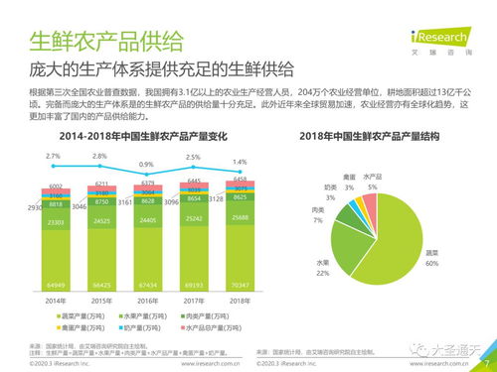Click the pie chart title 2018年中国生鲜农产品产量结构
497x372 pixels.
(376, 135)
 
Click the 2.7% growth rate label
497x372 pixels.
(54, 157)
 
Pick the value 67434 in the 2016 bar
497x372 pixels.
(147, 285)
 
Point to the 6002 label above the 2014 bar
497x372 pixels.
(56, 186)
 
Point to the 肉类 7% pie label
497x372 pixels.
(318, 215)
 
